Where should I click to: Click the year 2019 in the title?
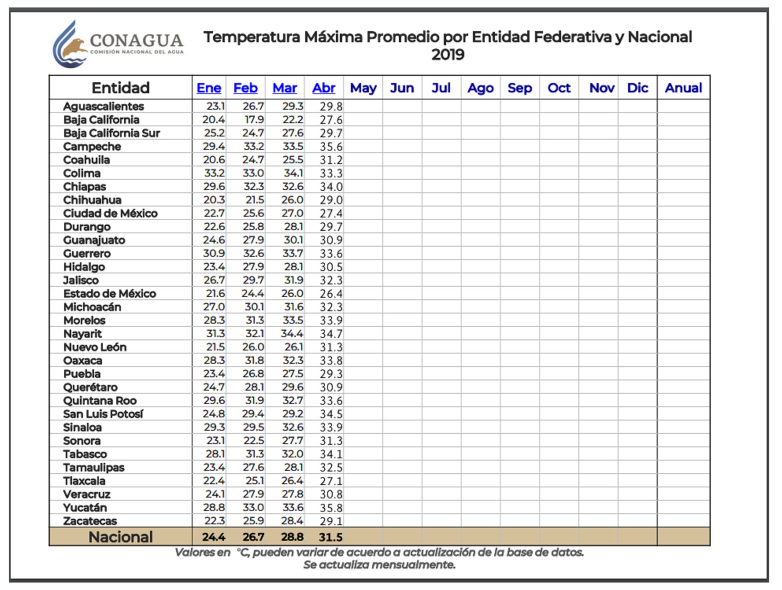tap(448, 55)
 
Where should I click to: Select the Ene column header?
tap(209, 88)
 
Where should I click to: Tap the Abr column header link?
tap(324, 88)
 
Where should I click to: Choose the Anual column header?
tap(683, 88)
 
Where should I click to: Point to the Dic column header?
tap(638, 88)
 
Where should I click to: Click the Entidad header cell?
tap(121, 88)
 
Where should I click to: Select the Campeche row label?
tap(92, 147)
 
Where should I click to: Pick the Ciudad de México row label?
tap(110, 213)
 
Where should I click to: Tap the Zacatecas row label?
tap(90, 521)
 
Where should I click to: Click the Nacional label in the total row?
tap(121, 537)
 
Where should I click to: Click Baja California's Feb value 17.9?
tap(254, 120)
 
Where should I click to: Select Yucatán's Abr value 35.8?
tap(331, 508)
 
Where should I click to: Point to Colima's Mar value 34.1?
tap(293, 173)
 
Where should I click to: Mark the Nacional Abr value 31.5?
tap(330, 537)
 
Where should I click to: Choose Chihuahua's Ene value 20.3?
tap(214, 200)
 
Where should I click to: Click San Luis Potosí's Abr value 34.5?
tap(331, 414)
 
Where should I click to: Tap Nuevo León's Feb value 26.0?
tap(253, 347)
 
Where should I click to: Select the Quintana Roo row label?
tap(100, 401)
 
